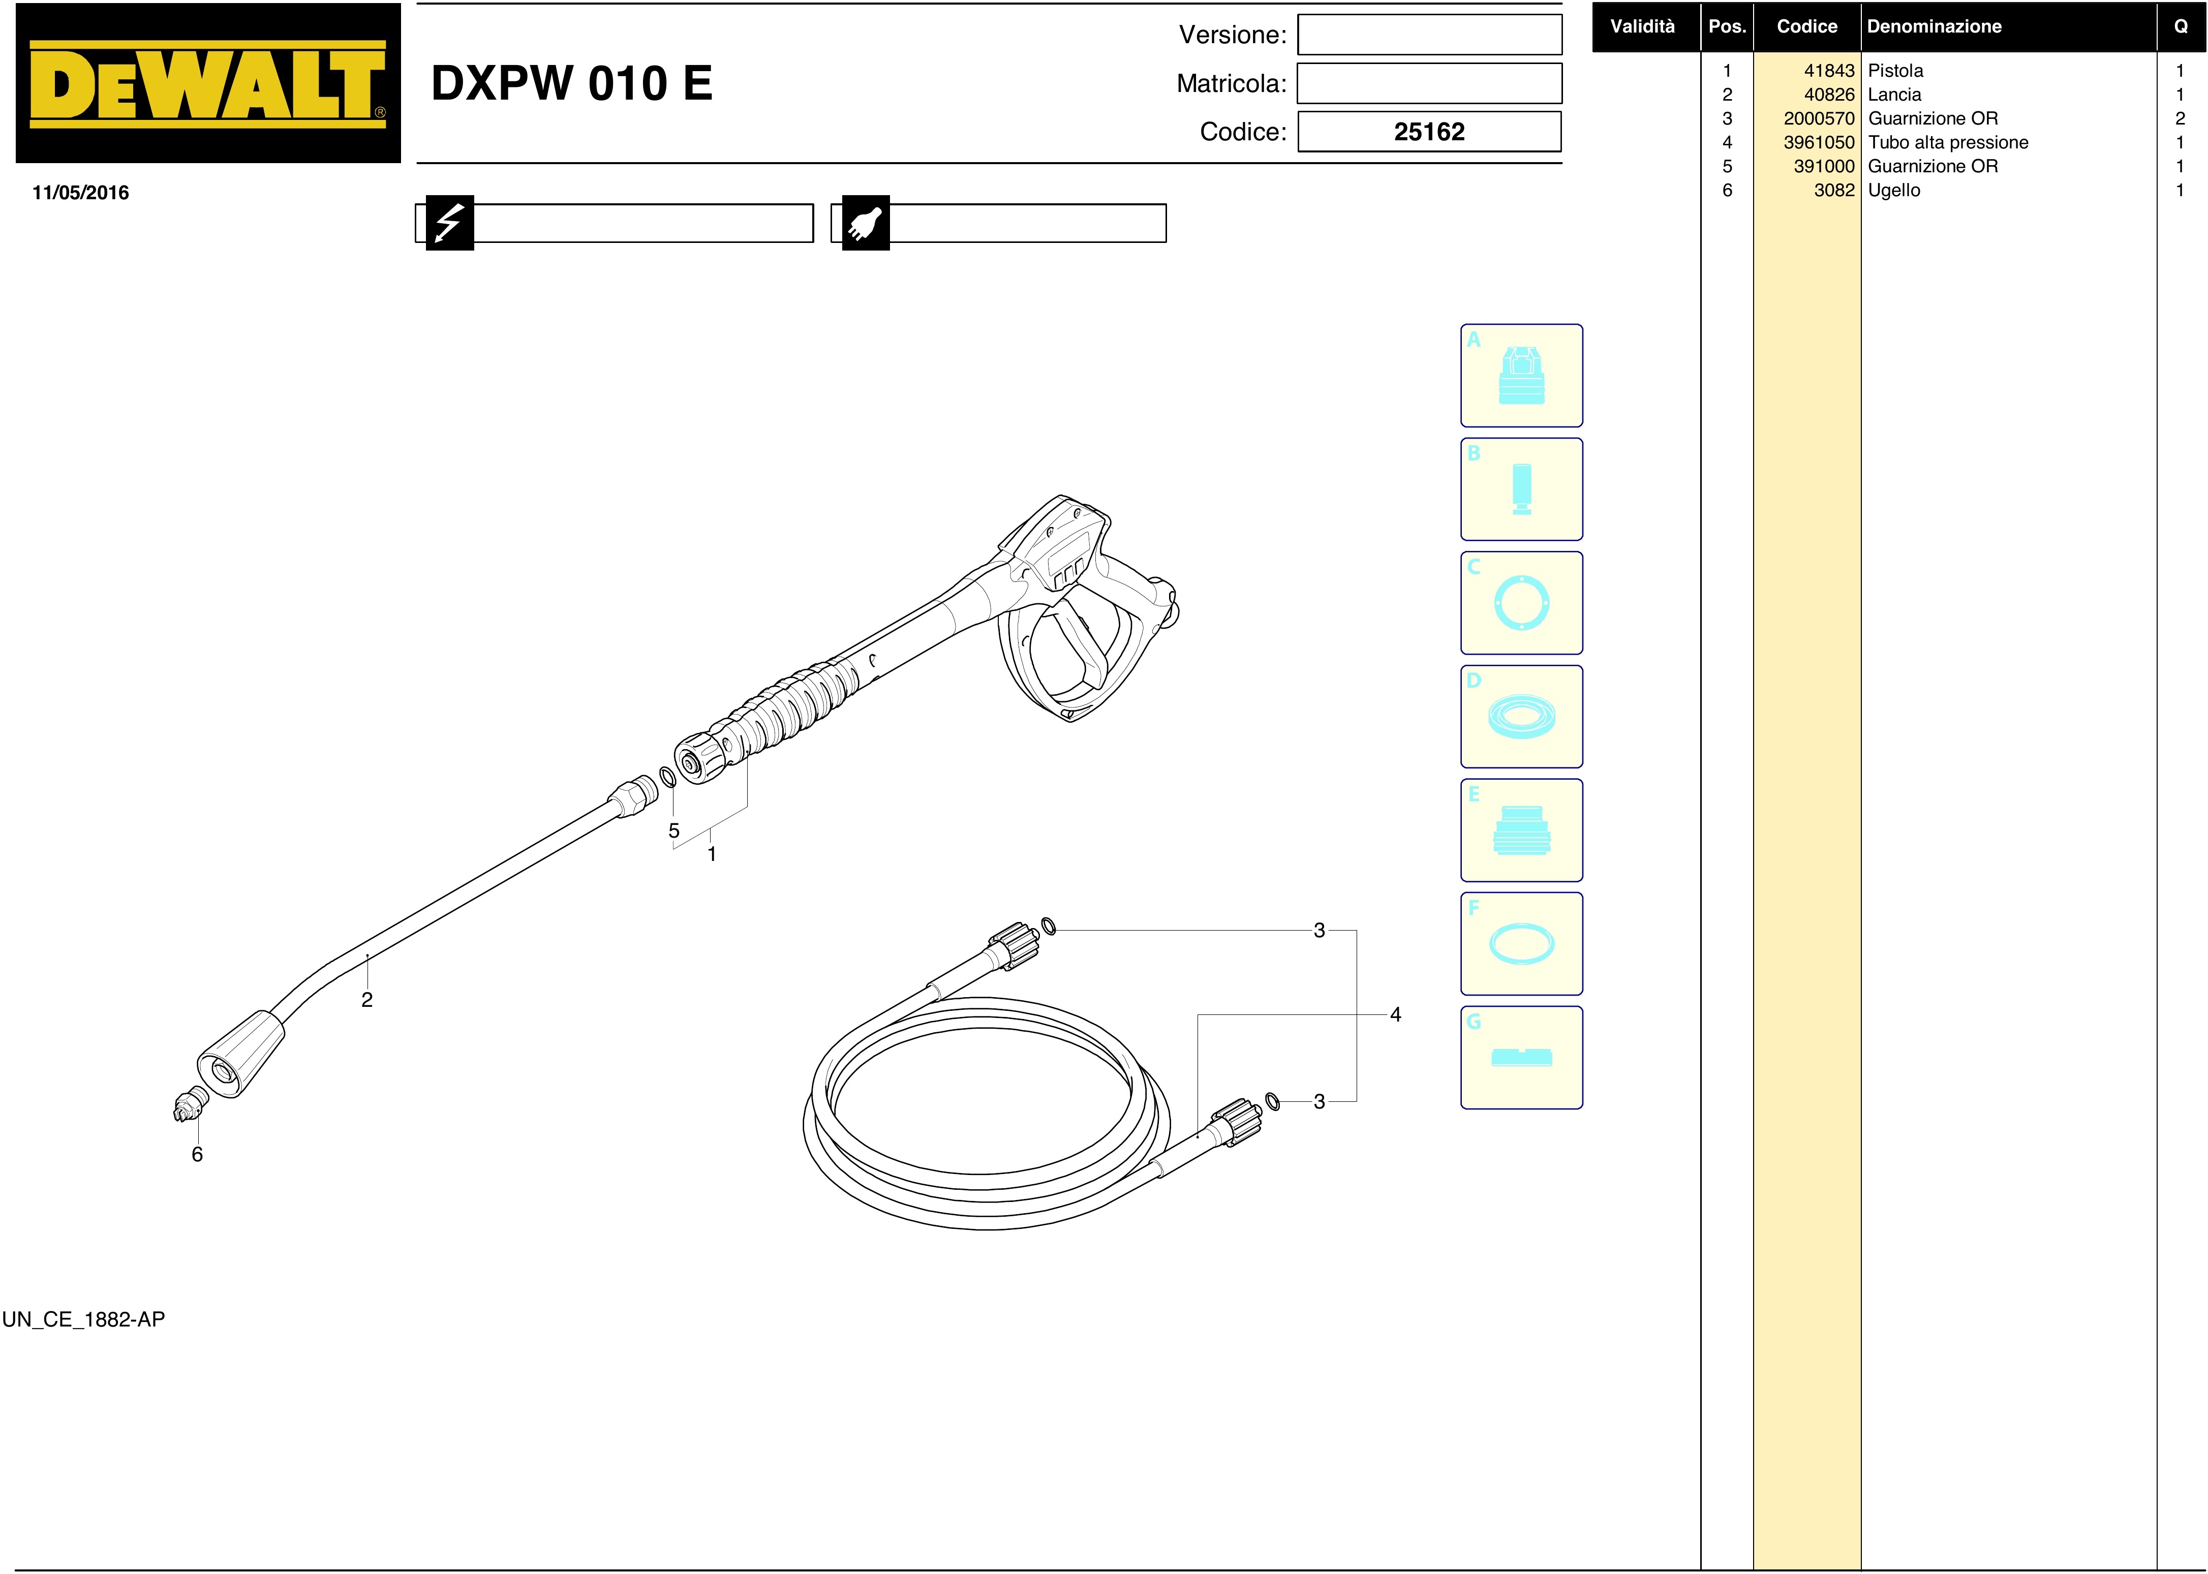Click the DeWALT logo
pos(207,83)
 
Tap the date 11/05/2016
pos(80,193)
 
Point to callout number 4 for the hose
pos(1396,1015)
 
